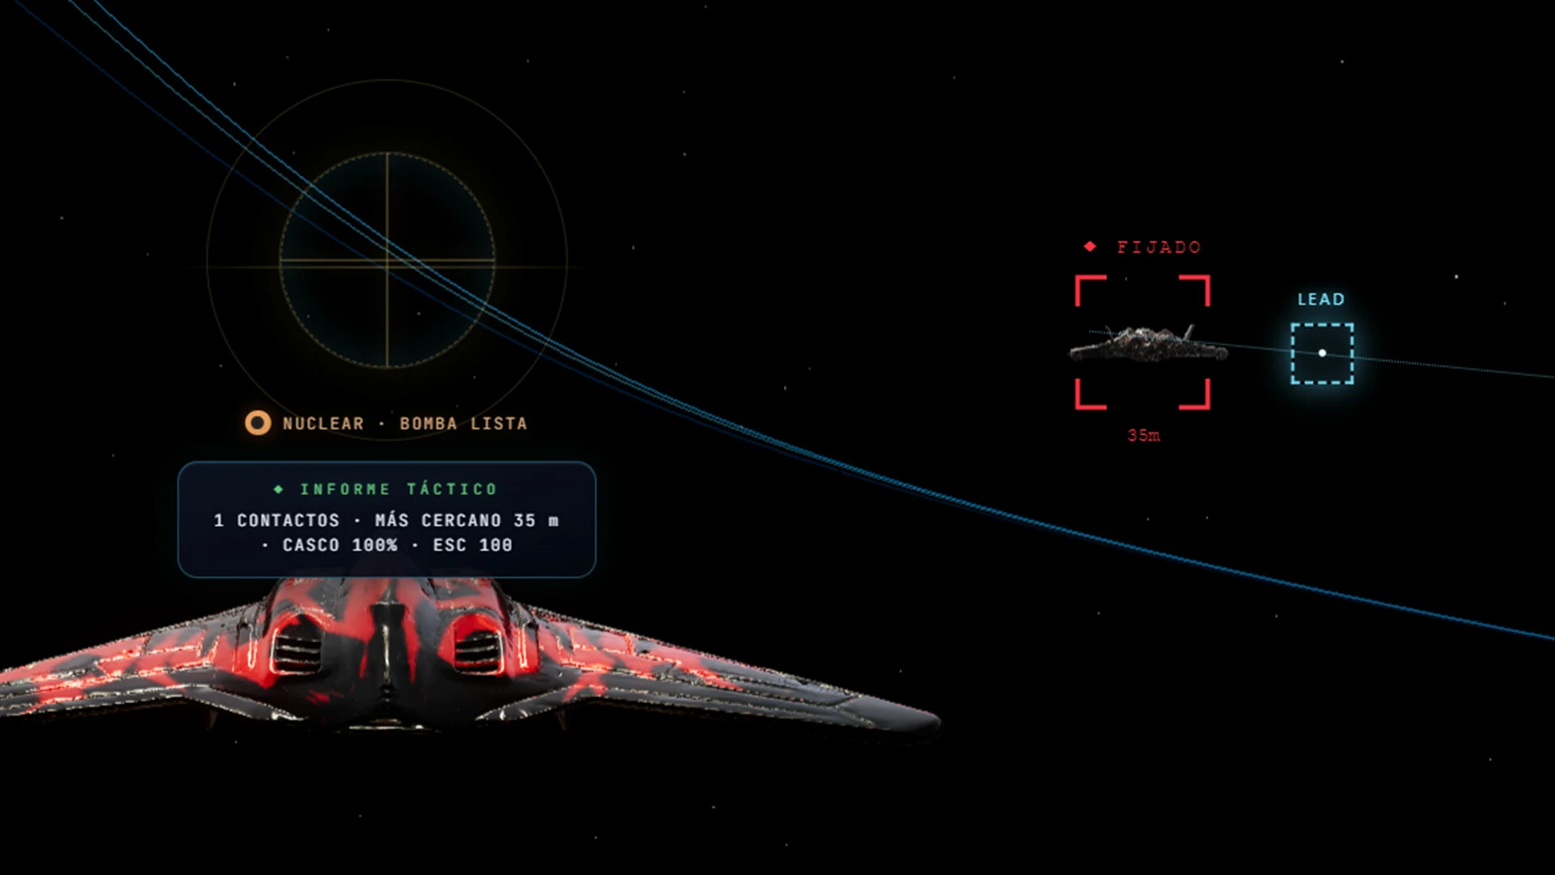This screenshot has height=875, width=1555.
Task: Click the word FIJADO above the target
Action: point(1159,247)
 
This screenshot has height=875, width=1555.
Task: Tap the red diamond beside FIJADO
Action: point(1090,246)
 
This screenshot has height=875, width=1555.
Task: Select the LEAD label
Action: point(1321,300)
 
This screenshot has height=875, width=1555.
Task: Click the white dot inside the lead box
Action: point(1323,353)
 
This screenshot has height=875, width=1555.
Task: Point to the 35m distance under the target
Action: point(1144,435)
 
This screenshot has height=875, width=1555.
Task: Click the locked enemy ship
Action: point(1148,344)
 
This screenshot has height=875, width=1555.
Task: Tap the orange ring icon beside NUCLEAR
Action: point(258,423)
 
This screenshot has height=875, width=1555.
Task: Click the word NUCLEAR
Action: point(323,424)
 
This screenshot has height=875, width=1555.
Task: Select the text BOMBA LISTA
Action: point(463,424)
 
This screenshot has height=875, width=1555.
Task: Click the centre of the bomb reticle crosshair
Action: point(387,261)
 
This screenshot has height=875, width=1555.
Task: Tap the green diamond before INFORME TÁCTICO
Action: point(279,489)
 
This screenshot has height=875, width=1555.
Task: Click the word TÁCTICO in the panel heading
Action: point(452,489)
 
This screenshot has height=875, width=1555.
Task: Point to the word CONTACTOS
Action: point(288,520)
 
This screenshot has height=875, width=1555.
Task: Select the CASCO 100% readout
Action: point(340,545)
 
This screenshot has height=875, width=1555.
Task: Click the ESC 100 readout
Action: point(472,545)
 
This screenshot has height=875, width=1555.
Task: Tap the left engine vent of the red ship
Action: point(296,648)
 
